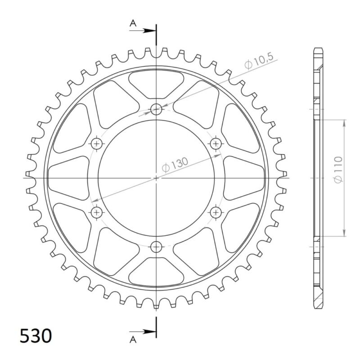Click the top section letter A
tap(133, 24)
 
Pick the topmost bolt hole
tap(156, 108)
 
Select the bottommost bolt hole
tap(156, 246)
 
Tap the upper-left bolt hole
tap(97, 144)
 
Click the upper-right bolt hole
tap(216, 144)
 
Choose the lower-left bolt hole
tap(97, 212)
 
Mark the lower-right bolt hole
tap(216, 212)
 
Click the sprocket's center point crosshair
tap(156, 178)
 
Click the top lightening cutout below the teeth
tap(156, 81)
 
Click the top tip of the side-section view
tap(317, 48)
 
